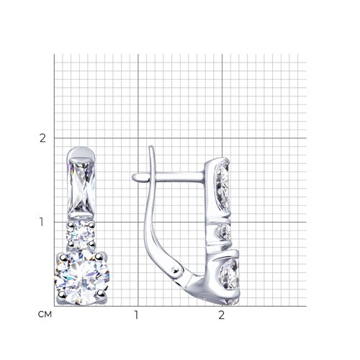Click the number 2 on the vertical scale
click(x=42, y=138)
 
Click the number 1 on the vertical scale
click(x=42, y=222)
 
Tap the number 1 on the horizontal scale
click(x=136, y=315)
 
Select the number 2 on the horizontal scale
click(x=221, y=315)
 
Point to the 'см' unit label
click(x=45, y=315)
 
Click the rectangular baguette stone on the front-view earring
click(x=81, y=186)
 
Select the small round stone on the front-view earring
click(x=81, y=234)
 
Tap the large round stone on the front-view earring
click(x=82, y=278)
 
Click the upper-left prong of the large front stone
click(x=63, y=258)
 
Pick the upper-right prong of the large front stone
click(x=99, y=257)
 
